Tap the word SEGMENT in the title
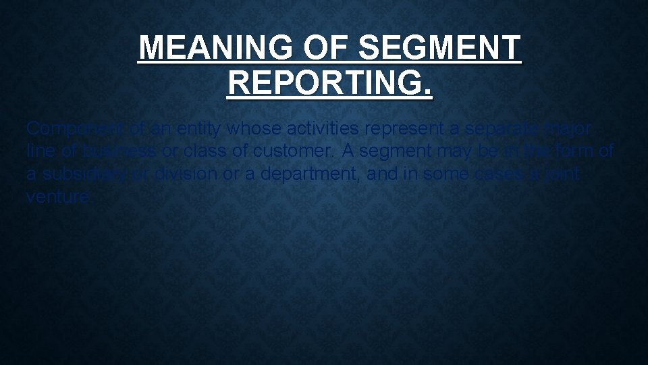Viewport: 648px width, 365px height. [440, 49]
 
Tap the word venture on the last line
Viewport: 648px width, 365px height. [57, 197]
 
